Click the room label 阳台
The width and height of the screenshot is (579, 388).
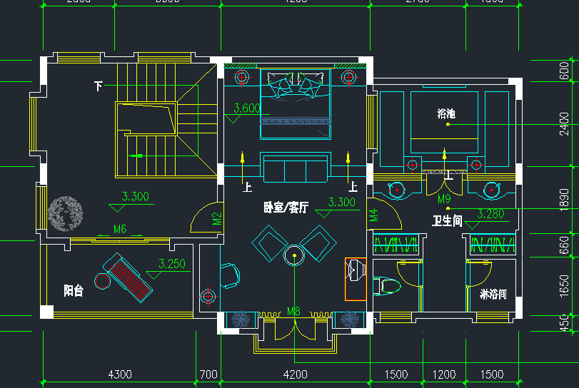coord(74,290)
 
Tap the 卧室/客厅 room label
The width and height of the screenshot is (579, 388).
coord(286,208)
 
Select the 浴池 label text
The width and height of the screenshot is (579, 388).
coord(446,113)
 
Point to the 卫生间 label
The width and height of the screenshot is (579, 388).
coord(447,220)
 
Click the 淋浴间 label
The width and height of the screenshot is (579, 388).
coord(493,294)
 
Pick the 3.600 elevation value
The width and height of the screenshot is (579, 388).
coord(246,109)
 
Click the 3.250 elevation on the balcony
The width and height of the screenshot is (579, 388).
coord(172,264)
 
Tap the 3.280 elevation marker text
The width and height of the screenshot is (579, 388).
coord(491,213)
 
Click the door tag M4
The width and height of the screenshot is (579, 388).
coord(373,215)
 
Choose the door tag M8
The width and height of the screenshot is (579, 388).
coord(294,311)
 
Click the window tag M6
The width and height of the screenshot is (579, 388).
coord(120,229)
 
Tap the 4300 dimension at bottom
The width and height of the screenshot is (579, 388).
coord(119,374)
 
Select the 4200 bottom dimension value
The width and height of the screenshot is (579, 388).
coord(295,374)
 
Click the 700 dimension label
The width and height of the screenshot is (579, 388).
coord(208,374)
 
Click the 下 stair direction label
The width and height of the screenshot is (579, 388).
coord(98,86)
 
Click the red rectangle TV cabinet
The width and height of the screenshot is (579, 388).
coord(355,278)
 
